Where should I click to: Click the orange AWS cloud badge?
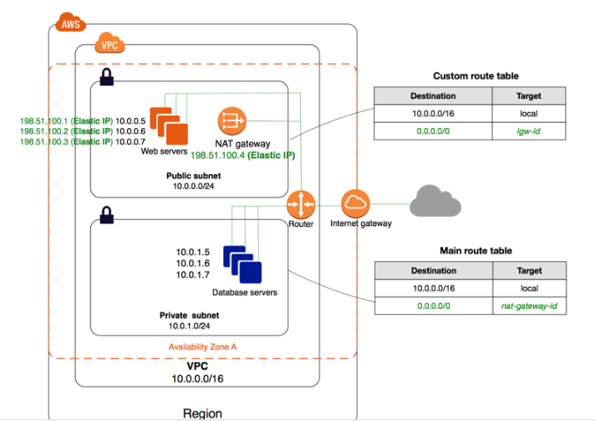tap(69, 23)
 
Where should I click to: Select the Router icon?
tap(299, 203)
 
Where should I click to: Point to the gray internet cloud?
tap(436, 202)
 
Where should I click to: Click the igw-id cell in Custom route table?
tap(529, 132)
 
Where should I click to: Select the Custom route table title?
tap(475, 75)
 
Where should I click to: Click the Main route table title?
tap(475, 250)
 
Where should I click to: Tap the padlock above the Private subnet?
tap(107, 217)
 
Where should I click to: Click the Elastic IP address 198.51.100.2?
tap(44, 131)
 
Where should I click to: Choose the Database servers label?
tap(244, 292)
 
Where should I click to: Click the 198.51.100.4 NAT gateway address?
tap(219, 155)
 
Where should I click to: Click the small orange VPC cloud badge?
tap(110, 45)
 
